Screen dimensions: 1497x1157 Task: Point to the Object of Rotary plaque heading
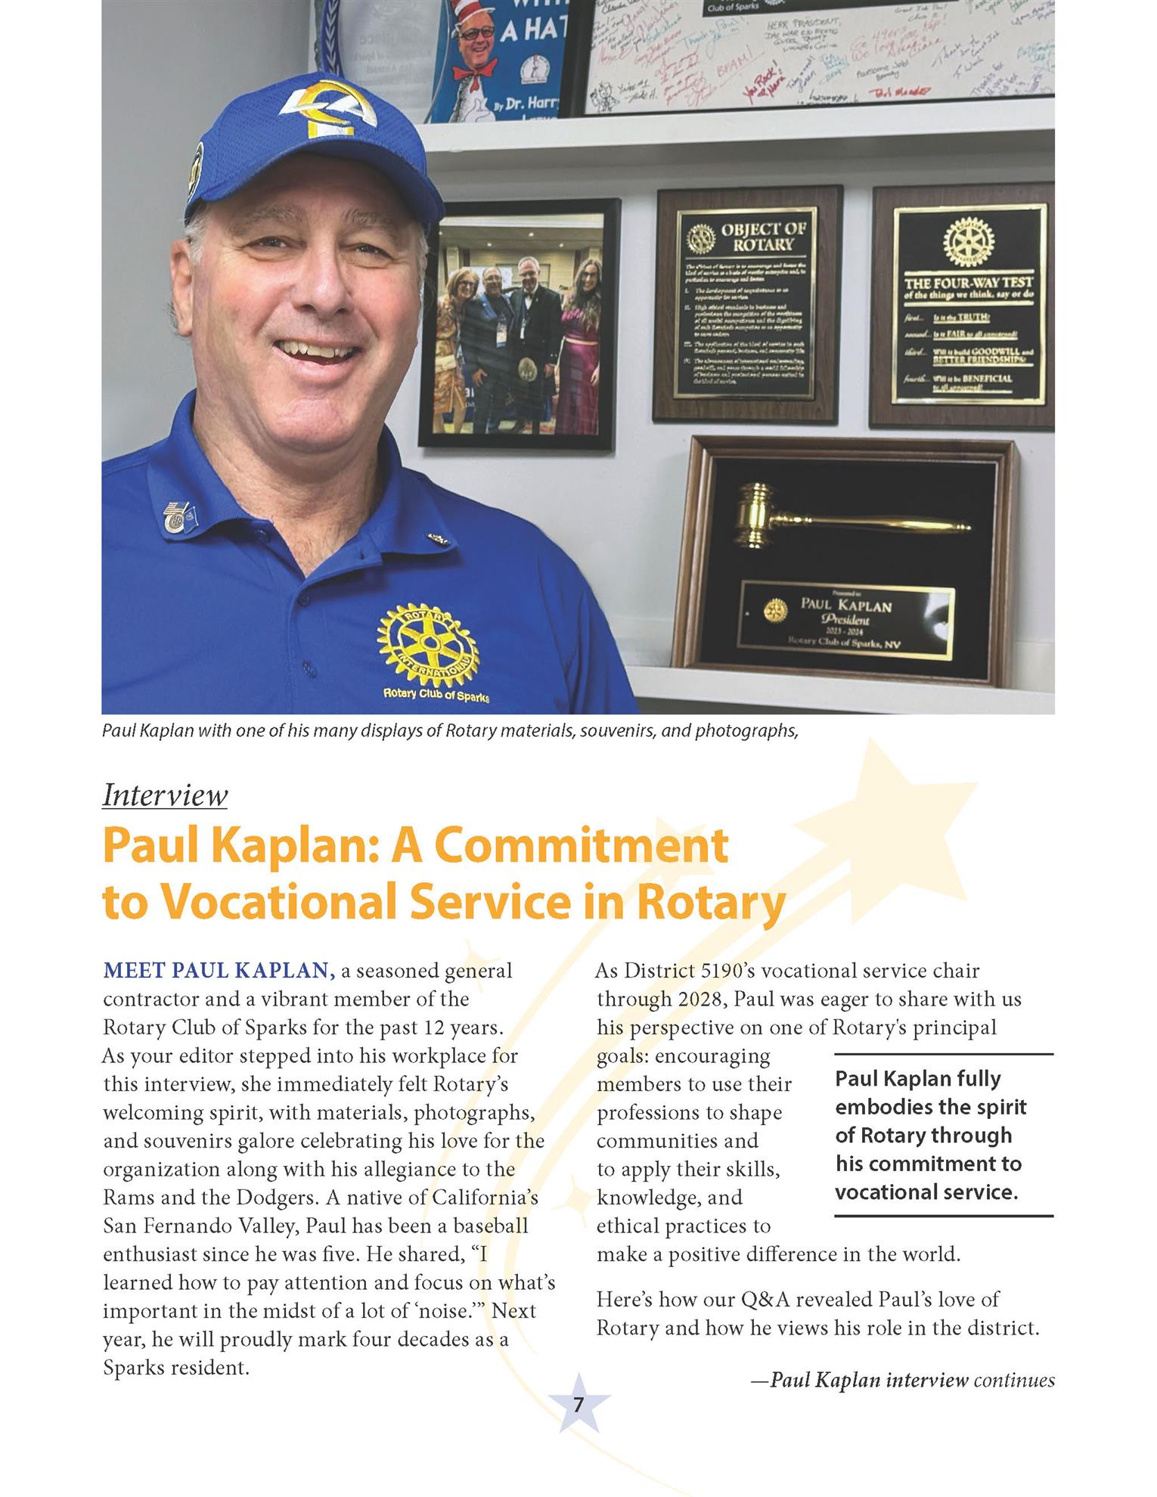click(763, 237)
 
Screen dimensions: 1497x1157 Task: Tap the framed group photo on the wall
click(518, 325)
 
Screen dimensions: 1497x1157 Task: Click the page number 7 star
click(578, 1406)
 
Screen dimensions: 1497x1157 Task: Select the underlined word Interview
click(165, 795)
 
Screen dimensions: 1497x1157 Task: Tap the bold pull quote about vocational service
click(930, 1135)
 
